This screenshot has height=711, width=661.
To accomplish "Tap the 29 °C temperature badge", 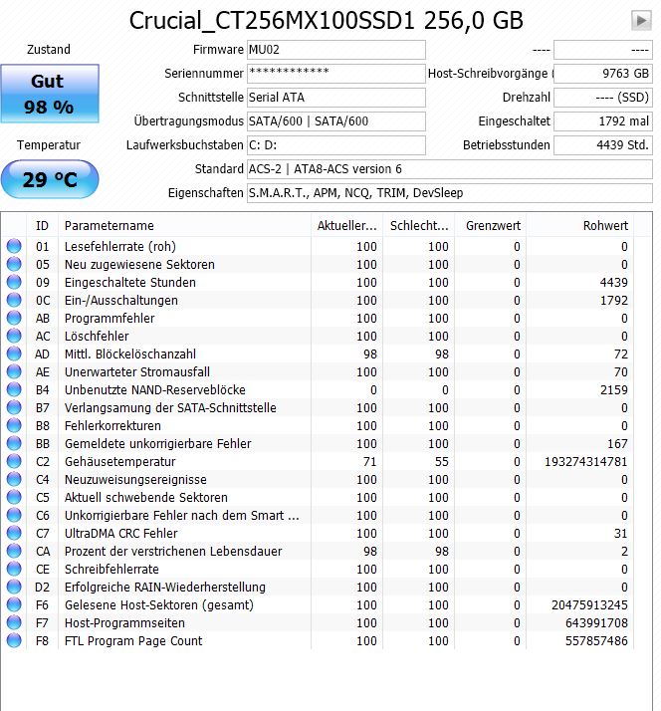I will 50,180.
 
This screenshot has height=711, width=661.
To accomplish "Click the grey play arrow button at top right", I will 641,20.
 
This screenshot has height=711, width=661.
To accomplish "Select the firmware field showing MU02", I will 335,50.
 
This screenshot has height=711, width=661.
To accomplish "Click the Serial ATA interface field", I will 335,98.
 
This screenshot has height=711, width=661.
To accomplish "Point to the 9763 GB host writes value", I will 602,74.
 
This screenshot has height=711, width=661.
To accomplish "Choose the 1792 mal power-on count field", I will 602,121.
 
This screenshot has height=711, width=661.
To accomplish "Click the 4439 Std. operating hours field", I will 602,145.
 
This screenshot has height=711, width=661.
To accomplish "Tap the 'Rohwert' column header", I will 605,226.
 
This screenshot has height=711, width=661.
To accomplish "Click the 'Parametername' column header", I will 110,226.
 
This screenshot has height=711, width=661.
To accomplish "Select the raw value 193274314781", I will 582,462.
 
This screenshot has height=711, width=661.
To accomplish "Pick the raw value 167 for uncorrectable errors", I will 617,444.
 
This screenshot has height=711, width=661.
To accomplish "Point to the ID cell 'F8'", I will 43,641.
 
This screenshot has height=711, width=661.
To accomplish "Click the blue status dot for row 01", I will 14,247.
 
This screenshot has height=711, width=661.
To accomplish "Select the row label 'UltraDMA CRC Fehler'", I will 120,534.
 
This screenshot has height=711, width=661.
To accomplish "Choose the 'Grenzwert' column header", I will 493,226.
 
